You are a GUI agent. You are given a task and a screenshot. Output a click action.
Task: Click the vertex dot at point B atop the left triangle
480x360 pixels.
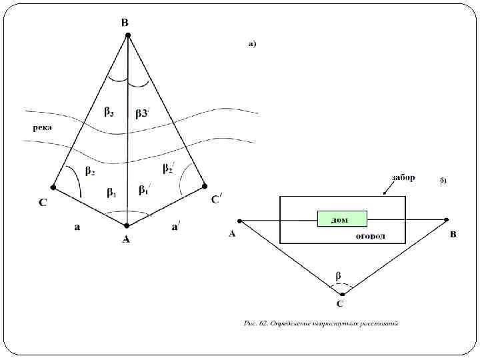point(127,35)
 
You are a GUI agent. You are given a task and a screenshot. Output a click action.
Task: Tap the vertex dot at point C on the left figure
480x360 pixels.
point(53,187)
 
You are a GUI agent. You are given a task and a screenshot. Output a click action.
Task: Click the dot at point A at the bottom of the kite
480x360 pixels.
point(127,225)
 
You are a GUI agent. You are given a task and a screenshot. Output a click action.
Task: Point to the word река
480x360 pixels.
point(43,127)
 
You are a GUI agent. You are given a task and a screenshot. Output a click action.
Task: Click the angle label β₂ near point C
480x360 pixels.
point(90,171)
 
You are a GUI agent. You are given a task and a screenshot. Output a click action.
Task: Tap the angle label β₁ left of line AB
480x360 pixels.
point(112,193)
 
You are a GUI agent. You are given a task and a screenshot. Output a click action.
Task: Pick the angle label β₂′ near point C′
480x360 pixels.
point(169,167)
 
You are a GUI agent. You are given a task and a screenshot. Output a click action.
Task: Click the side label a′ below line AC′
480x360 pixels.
point(175,227)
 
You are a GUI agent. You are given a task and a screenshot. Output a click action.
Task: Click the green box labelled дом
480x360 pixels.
point(342,219)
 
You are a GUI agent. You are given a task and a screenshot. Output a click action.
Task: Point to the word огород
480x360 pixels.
point(370,236)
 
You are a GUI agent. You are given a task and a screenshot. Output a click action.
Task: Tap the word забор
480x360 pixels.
point(403,178)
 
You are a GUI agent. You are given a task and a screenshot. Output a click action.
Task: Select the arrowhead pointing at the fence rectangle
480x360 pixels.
point(385,194)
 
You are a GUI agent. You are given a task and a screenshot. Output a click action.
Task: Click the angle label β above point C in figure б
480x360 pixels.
point(338,275)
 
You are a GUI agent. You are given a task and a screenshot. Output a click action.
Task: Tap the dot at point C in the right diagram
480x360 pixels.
point(342,293)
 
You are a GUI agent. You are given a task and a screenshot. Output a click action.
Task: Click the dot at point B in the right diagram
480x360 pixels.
point(447,219)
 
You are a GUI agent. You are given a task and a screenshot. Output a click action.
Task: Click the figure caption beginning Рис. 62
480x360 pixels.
point(321,324)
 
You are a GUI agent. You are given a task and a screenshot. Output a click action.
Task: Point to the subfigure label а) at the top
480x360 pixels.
point(252,44)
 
